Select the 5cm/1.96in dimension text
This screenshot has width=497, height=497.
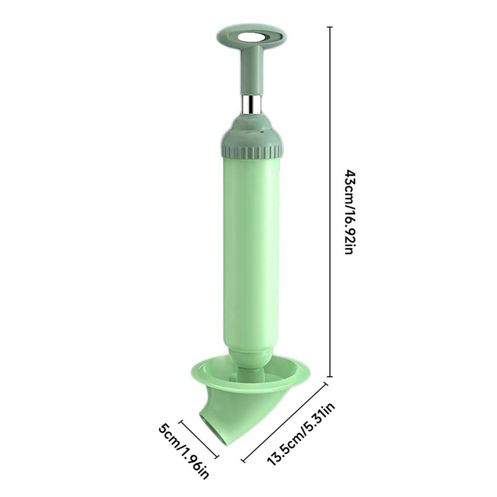point(184,451)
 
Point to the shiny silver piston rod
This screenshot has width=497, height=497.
point(253,104)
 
